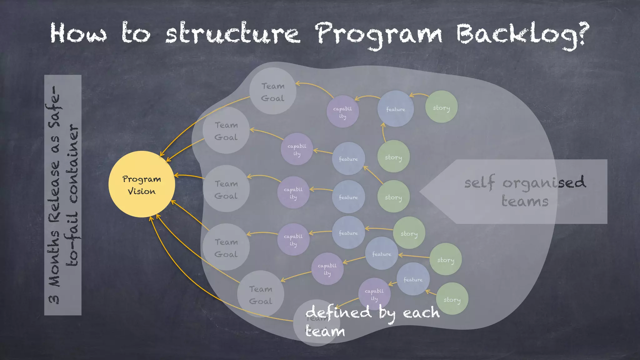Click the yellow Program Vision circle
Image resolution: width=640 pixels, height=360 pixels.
click(142, 184)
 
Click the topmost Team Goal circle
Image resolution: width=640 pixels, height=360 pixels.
click(272, 91)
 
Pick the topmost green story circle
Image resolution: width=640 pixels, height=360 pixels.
click(441, 107)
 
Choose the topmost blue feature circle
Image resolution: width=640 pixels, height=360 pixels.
click(396, 109)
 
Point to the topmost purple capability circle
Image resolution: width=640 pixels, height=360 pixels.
click(342, 112)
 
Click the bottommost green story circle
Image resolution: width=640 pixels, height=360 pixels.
click(452, 299)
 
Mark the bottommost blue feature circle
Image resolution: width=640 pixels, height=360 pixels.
click(413, 279)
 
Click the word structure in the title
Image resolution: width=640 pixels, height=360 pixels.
click(233, 34)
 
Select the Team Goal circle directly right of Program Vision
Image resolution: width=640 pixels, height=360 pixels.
click(226, 189)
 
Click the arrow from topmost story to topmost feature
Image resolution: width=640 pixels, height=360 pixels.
click(419, 94)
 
